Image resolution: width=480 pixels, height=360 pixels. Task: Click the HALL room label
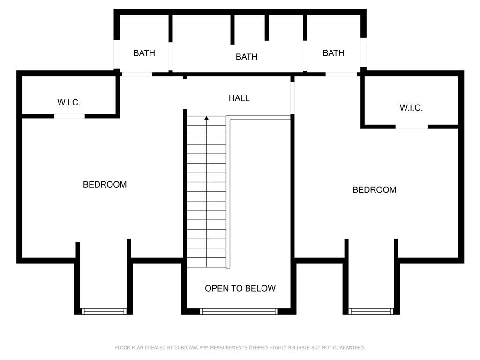point(239,98)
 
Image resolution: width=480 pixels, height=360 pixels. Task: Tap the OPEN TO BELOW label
point(240,288)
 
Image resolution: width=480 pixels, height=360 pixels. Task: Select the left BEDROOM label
point(105,184)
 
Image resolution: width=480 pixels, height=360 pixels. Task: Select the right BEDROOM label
point(375,190)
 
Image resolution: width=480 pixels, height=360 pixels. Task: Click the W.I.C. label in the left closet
point(69,102)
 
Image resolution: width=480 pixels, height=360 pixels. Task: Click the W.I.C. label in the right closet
point(411,108)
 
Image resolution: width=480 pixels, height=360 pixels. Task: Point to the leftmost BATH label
point(144,53)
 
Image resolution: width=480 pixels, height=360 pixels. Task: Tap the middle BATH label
point(247,57)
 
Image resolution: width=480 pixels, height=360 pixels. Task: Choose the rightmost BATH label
point(333,53)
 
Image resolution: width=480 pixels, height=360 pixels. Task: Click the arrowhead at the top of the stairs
point(207,118)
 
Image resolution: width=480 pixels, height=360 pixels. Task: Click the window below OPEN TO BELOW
point(239,311)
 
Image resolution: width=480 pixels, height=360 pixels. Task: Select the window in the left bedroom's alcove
point(104,311)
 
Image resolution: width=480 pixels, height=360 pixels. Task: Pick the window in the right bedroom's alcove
point(371,311)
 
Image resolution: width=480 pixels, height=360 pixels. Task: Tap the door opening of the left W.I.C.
point(69,116)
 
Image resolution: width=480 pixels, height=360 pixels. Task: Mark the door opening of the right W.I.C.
point(412,127)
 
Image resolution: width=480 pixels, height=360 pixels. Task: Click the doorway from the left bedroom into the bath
point(137,74)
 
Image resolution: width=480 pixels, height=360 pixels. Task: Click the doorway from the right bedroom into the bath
point(341,74)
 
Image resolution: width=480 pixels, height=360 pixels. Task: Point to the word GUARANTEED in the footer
point(349,348)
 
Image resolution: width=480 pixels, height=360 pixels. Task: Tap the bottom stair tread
point(207,262)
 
